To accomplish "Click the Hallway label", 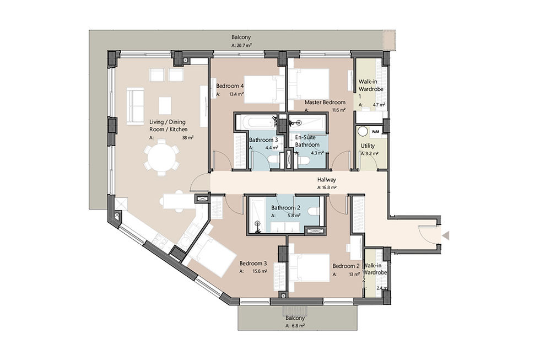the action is [326, 180].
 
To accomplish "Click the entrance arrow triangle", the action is [446, 235].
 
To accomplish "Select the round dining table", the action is [161, 159].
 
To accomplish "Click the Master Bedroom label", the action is [325, 103].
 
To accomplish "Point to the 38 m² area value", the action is [188, 137].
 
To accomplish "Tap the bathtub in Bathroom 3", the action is [259, 121].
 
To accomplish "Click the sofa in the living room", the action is [134, 105].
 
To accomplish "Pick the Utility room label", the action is [368, 146].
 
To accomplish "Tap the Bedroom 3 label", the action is [253, 264].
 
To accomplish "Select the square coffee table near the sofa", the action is [165, 105].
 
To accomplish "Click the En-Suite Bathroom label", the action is [307, 141].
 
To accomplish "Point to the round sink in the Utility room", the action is [363, 132].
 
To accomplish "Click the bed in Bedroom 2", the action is [309, 268].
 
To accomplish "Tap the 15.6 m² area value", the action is [260, 271].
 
